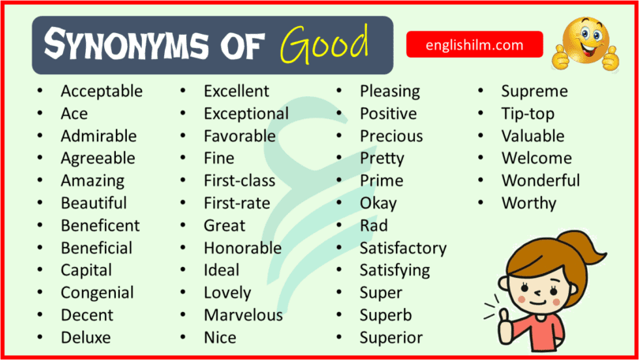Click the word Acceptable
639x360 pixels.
[101, 91]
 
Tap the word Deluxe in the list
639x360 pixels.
[85, 338]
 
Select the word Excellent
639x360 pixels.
[236, 91]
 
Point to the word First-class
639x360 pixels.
[239, 181]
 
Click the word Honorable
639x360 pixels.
[242, 248]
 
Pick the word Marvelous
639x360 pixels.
[243, 315]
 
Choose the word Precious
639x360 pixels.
[391, 136]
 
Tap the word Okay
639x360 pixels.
[378, 203]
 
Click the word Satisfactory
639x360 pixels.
[402, 248]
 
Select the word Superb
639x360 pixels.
[385, 315]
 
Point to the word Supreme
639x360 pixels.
[534, 91]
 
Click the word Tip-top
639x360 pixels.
[528, 114]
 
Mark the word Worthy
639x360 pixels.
[529, 203]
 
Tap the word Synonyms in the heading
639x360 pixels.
[118, 46]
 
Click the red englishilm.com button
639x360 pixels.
[474, 45]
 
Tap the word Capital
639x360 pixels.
[86, 270]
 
